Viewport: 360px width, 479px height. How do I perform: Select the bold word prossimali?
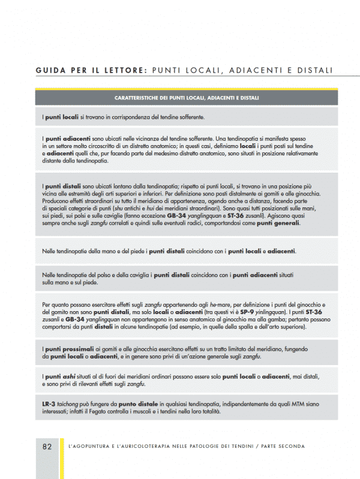tap(83, 349)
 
